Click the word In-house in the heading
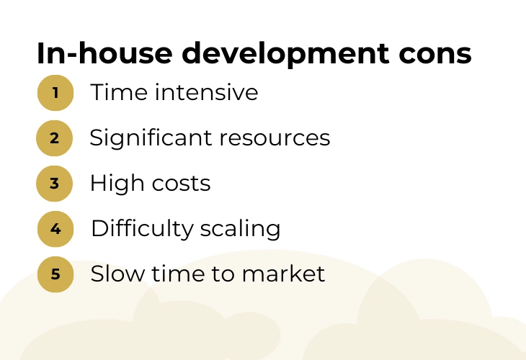coord(104,53)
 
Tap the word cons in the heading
coord(435,55)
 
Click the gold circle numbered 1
coord(55,93)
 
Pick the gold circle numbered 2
coord(54,138)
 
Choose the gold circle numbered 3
coord(54,184)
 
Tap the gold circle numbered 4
coord(55,229)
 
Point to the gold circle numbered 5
coord(55,274)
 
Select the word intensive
coord(206,92)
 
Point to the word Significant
coord(151,138)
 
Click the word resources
coord(275,138)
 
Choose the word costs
coord(181,184)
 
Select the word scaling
coord(240,229)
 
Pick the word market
coord(283,274)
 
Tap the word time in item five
coord(178,274)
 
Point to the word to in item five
coord(223,274)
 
